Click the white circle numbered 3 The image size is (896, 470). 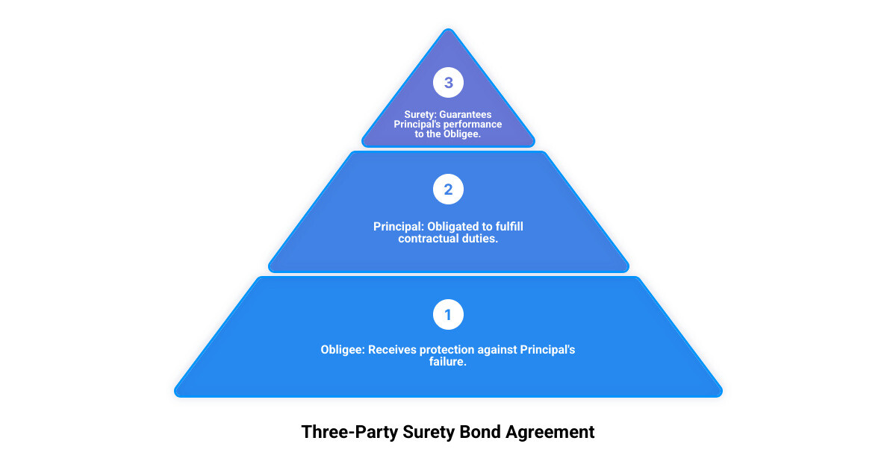[448, 83]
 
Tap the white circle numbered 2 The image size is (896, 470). [448, 189]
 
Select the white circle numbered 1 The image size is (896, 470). [448, 315]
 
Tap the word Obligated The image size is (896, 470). [455, 226]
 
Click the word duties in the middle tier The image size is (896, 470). [482, 239]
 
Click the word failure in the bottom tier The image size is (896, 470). [447, 362]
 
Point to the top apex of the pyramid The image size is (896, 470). [448, 31]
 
